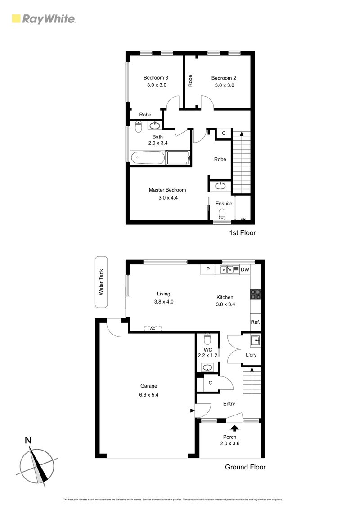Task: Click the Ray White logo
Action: tap(44, 19)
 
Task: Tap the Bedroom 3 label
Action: tap(156, 78)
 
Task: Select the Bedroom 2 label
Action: tap(224, 78)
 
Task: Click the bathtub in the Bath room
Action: tap(148, 158)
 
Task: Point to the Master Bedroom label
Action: tap(167, 190)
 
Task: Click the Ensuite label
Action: tap(224, 204)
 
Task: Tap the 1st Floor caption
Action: tap(243, 233)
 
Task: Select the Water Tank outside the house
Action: tap(101, 282)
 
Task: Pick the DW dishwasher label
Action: tap(245, 270)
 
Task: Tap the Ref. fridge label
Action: tap(255, 322)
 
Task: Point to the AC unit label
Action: tap(153, 329)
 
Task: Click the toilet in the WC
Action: tap(207, 337)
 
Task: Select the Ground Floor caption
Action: tap(245, 467)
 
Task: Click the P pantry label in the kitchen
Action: tap(208, 270)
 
